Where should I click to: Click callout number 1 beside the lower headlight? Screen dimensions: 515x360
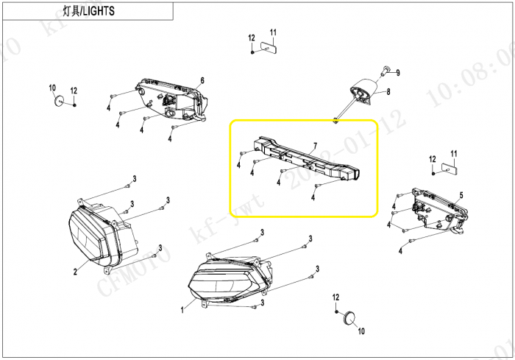(x=182, y=310)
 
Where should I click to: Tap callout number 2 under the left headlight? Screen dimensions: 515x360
(x=75, y=271)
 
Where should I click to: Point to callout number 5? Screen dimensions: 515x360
(x=461, y=195)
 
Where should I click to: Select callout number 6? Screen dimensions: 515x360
(x=202, y=80)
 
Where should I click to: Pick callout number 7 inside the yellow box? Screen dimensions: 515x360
(x=314, y=146)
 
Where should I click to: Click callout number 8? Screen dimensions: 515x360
(x=388, y=92)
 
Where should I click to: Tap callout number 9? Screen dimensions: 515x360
(x=397, y=73)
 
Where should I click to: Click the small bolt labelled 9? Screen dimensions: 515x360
(x=386, y=70)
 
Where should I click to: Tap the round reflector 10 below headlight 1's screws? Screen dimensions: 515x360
(x=350, y=317)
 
